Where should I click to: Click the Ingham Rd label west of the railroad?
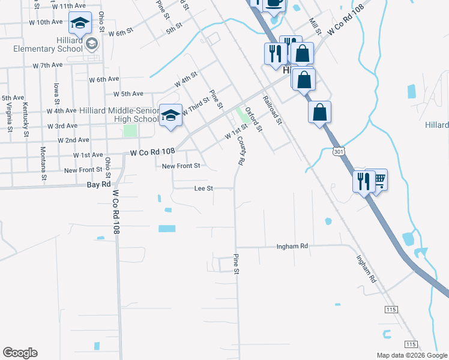292,247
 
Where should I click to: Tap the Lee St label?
203,188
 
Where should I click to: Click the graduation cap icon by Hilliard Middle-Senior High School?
170,115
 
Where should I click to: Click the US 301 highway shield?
340,154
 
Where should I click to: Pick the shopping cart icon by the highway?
378,179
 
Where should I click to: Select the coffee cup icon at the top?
274,3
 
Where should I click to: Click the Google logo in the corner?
20,353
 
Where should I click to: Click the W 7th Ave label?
47,65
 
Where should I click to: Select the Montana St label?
43,163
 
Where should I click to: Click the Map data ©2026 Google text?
411,355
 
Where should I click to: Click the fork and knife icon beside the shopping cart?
363,181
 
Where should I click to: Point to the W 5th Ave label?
128,94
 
